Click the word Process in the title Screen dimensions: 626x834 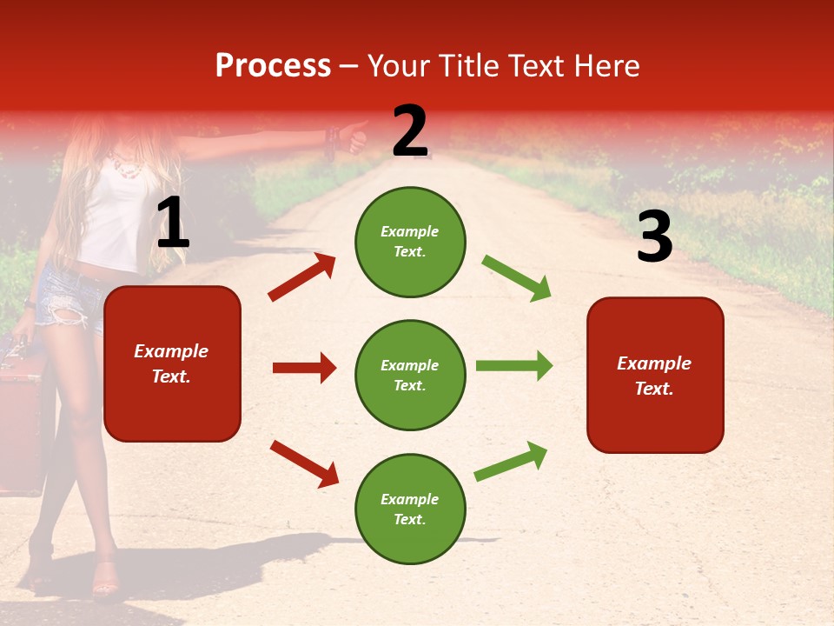coord(273,66)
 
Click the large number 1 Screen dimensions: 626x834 coord(172,224)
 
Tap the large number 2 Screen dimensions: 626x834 coord(410,131)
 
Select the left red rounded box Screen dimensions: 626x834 coord(172,363)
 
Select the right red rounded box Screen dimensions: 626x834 coord(655,375)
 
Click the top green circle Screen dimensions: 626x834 coord(410,242)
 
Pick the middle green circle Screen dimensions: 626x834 coord(410,375)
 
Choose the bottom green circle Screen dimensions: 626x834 coord(410,509)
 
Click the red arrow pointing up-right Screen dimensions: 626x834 coord(302,277)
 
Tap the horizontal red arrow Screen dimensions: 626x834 coord(304,368)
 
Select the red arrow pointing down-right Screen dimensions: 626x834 coord(304,463)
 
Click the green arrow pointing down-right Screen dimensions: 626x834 coord(517,278)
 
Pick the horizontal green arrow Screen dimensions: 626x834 coord(514,365)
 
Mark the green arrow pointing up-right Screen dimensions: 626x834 coord(511,461)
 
